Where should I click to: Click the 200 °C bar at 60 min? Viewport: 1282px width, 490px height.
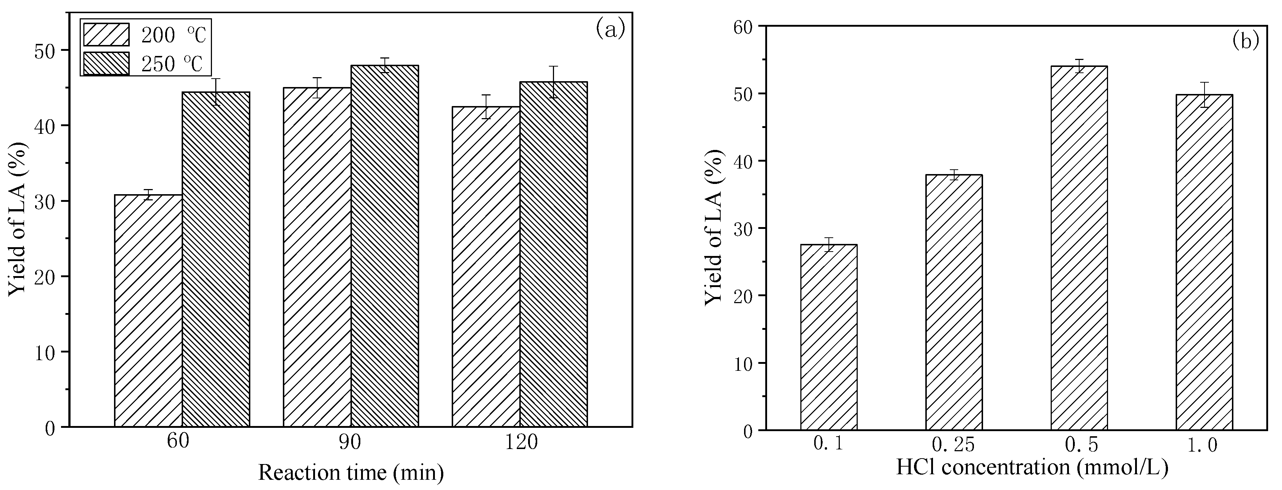(148, 311)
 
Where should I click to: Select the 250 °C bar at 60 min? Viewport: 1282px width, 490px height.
(216, 259)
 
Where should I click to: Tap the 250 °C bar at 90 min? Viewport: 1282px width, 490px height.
(385, 246)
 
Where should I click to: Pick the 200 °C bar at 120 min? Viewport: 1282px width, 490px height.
(486, 267)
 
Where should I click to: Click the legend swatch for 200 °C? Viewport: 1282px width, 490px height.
(106, 34)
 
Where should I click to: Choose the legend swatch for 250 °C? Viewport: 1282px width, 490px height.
(106, 64)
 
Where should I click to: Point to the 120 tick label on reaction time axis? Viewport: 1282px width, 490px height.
(521, 442)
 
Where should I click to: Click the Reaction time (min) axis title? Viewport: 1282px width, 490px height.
(351, 472)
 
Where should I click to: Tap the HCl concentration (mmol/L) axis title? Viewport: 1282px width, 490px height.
(1032, 467)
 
